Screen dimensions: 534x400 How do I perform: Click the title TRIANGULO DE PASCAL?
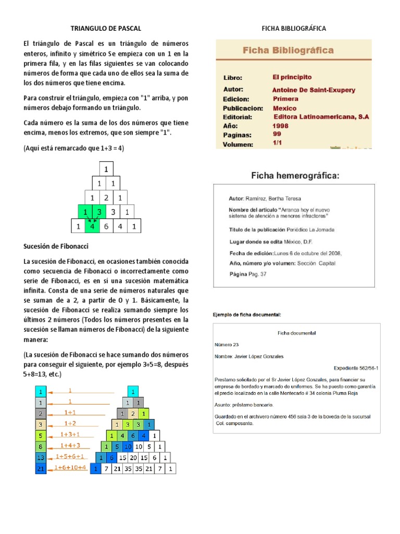coord(106,28)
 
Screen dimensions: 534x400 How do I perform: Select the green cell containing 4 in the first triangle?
coord(92,226)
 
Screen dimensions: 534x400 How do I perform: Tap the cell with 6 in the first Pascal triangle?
coord(106,226)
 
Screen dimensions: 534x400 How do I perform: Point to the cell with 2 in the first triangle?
coord(106,198)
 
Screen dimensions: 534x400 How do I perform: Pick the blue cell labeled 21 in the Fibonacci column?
coord(41,469)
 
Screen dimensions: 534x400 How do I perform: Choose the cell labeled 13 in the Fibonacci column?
coord(41,457)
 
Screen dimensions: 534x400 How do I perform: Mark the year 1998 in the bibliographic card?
coord(280,126)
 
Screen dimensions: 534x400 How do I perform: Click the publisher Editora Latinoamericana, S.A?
coord(321,117)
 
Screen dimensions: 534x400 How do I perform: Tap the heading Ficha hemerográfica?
coord(295,176)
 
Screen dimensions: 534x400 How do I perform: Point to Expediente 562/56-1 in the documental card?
coord(356,367)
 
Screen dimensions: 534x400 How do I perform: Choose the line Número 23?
coord(227,345)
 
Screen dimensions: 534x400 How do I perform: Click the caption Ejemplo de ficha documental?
coord(247,315)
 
